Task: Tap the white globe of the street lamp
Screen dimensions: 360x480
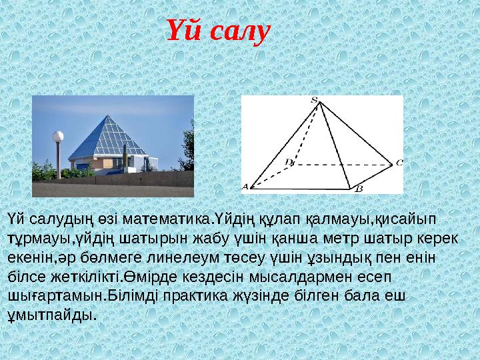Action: [58, 137]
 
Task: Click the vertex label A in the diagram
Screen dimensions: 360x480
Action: [245, 187]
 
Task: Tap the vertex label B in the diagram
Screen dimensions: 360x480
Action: [357, 189]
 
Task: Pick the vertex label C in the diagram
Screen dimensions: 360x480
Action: [399, 162]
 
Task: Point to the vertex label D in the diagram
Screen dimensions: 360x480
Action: [288, 161]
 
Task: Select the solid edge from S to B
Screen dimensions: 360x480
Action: [335, 144]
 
